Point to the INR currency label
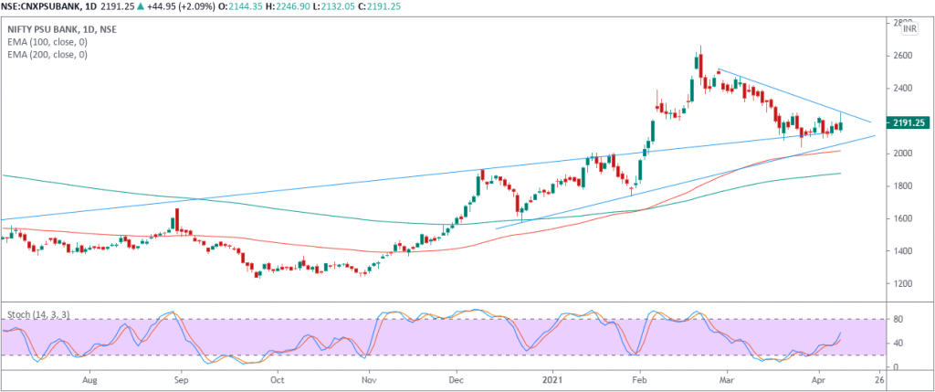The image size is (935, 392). [909, 29]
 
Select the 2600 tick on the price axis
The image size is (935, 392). [903, 56]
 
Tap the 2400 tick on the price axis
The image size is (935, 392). [903, 89]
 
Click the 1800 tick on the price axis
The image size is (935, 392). [903, 186]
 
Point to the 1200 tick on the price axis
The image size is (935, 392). [903, 284]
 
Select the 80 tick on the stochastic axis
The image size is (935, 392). [897, 320]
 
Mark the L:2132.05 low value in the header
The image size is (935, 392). [375, 7]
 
